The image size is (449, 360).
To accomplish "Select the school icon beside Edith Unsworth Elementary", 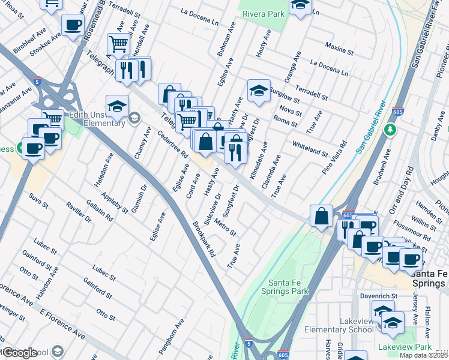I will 117,106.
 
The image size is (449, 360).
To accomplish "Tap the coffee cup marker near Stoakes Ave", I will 73,26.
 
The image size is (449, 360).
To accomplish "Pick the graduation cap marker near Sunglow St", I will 259,91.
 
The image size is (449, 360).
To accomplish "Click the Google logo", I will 20,352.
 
